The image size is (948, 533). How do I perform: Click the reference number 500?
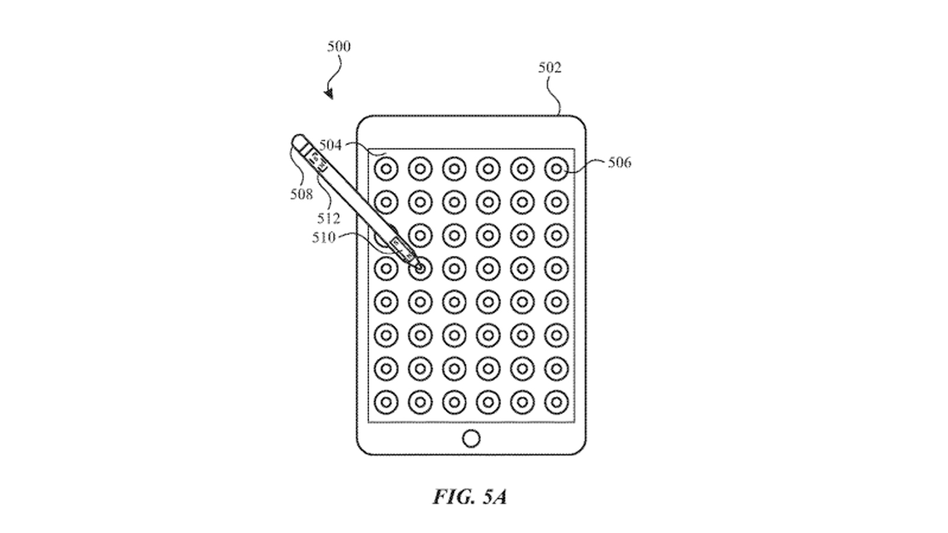pos(339,46)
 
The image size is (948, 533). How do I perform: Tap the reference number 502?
pos(549,68)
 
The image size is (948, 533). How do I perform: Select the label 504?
pos(331,145)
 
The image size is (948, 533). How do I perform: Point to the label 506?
pos(619,162)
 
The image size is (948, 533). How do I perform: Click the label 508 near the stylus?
pos(301,194)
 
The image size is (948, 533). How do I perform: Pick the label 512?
pos(328,218)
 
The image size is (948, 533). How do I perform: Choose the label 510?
pos(324,237)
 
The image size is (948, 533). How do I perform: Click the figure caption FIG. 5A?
pos(470,496)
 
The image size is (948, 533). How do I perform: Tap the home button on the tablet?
pos(471,439)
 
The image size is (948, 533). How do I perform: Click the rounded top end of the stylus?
pos(299,140)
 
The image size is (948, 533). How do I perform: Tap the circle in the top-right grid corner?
pos(556,169)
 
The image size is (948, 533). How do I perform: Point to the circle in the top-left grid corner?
pos(386,169)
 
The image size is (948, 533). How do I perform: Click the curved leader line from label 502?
pos(553,95)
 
